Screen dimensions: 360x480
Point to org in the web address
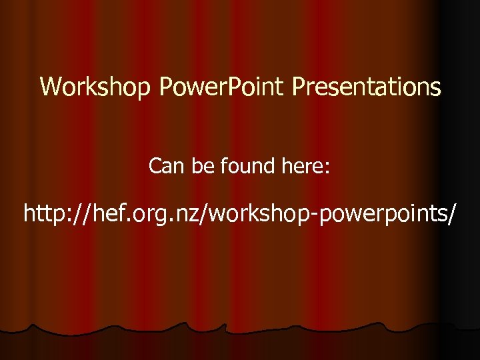[153, 215]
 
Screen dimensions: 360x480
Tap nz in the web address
[189, 215]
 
